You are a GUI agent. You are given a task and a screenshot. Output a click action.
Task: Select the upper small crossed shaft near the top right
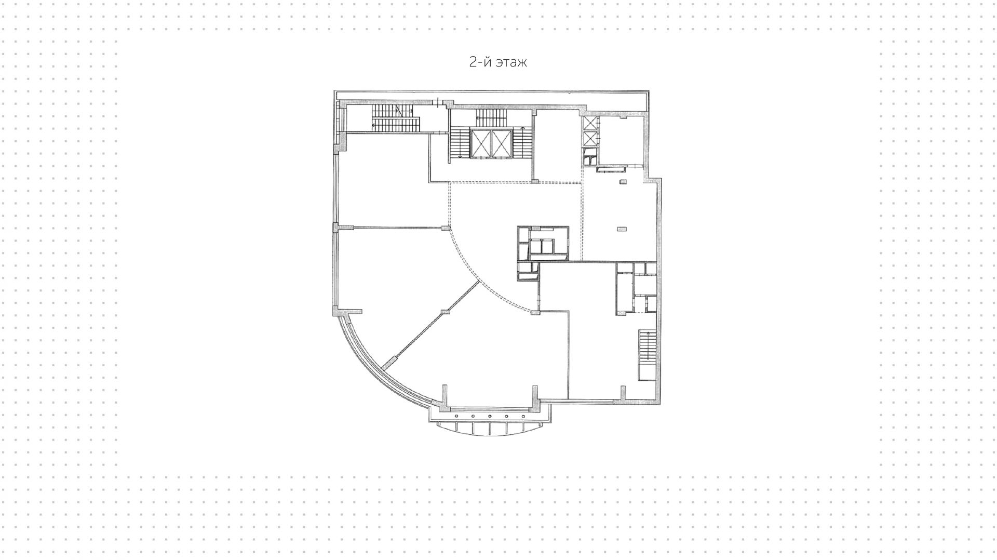click(590, 124)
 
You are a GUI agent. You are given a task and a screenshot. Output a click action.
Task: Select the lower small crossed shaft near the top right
click(590, 139)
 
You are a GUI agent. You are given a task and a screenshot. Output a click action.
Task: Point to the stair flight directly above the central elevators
click(491, 117)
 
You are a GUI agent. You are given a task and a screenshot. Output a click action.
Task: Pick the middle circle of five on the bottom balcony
click(490, 417)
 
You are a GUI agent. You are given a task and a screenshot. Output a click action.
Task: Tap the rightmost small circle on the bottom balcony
click(522, 417)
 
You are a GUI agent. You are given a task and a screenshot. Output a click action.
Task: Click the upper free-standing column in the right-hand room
click(623, 181)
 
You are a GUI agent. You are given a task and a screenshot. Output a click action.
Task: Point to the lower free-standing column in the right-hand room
click(622, 228)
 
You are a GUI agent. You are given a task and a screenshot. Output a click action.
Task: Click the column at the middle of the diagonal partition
click(444, 311)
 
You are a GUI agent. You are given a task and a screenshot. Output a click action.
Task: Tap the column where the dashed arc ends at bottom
click(534, 312)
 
